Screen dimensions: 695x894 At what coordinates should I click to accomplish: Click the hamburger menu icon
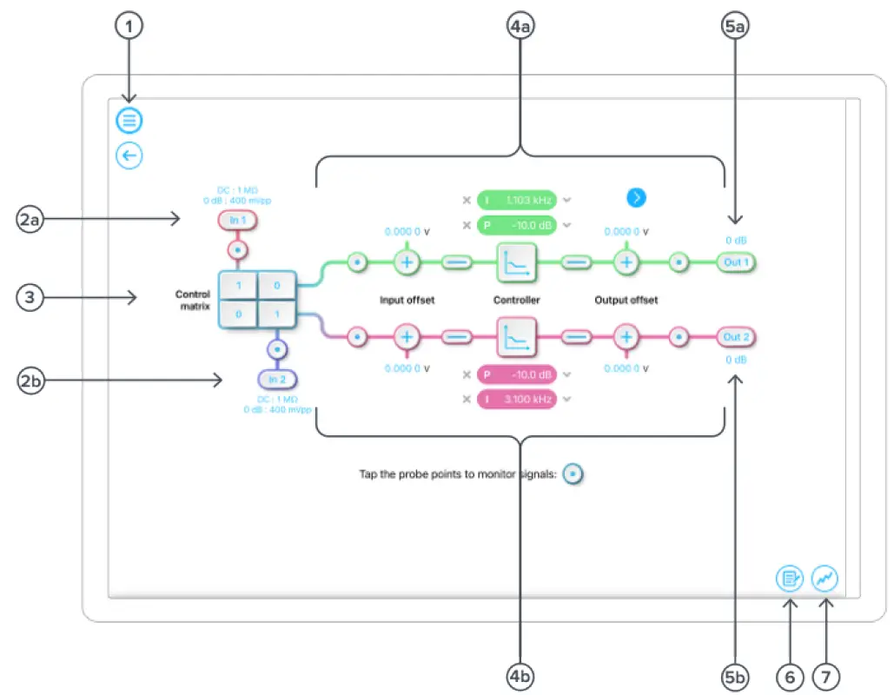tap(129, 120)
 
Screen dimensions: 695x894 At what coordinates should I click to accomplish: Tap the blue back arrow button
tap(129, 156)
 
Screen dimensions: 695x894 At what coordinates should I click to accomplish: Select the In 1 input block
tap(238, 221)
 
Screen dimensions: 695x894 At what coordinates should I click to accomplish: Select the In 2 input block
tap(277, 380)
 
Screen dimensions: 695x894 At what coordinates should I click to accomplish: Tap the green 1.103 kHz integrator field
tap(516, 201)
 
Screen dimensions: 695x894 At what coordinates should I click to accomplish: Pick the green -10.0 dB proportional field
tap(516, 226)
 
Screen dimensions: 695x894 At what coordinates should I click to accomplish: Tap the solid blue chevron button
tap(637, 198)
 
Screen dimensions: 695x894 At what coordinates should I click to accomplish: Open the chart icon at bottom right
tap(824, 578)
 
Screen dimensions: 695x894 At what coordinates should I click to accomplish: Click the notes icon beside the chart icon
tap(790, 578)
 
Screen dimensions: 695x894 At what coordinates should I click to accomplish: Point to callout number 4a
tap(520, 27)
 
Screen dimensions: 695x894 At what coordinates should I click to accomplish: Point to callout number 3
tap(30, 298)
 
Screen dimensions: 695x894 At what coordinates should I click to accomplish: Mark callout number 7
tap(826, 673)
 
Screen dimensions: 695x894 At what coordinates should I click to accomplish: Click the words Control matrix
tap(192, 300)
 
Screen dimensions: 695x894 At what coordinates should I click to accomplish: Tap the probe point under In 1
tap(238, 251)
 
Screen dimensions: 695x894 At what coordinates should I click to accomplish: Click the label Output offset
tap(626, 300)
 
